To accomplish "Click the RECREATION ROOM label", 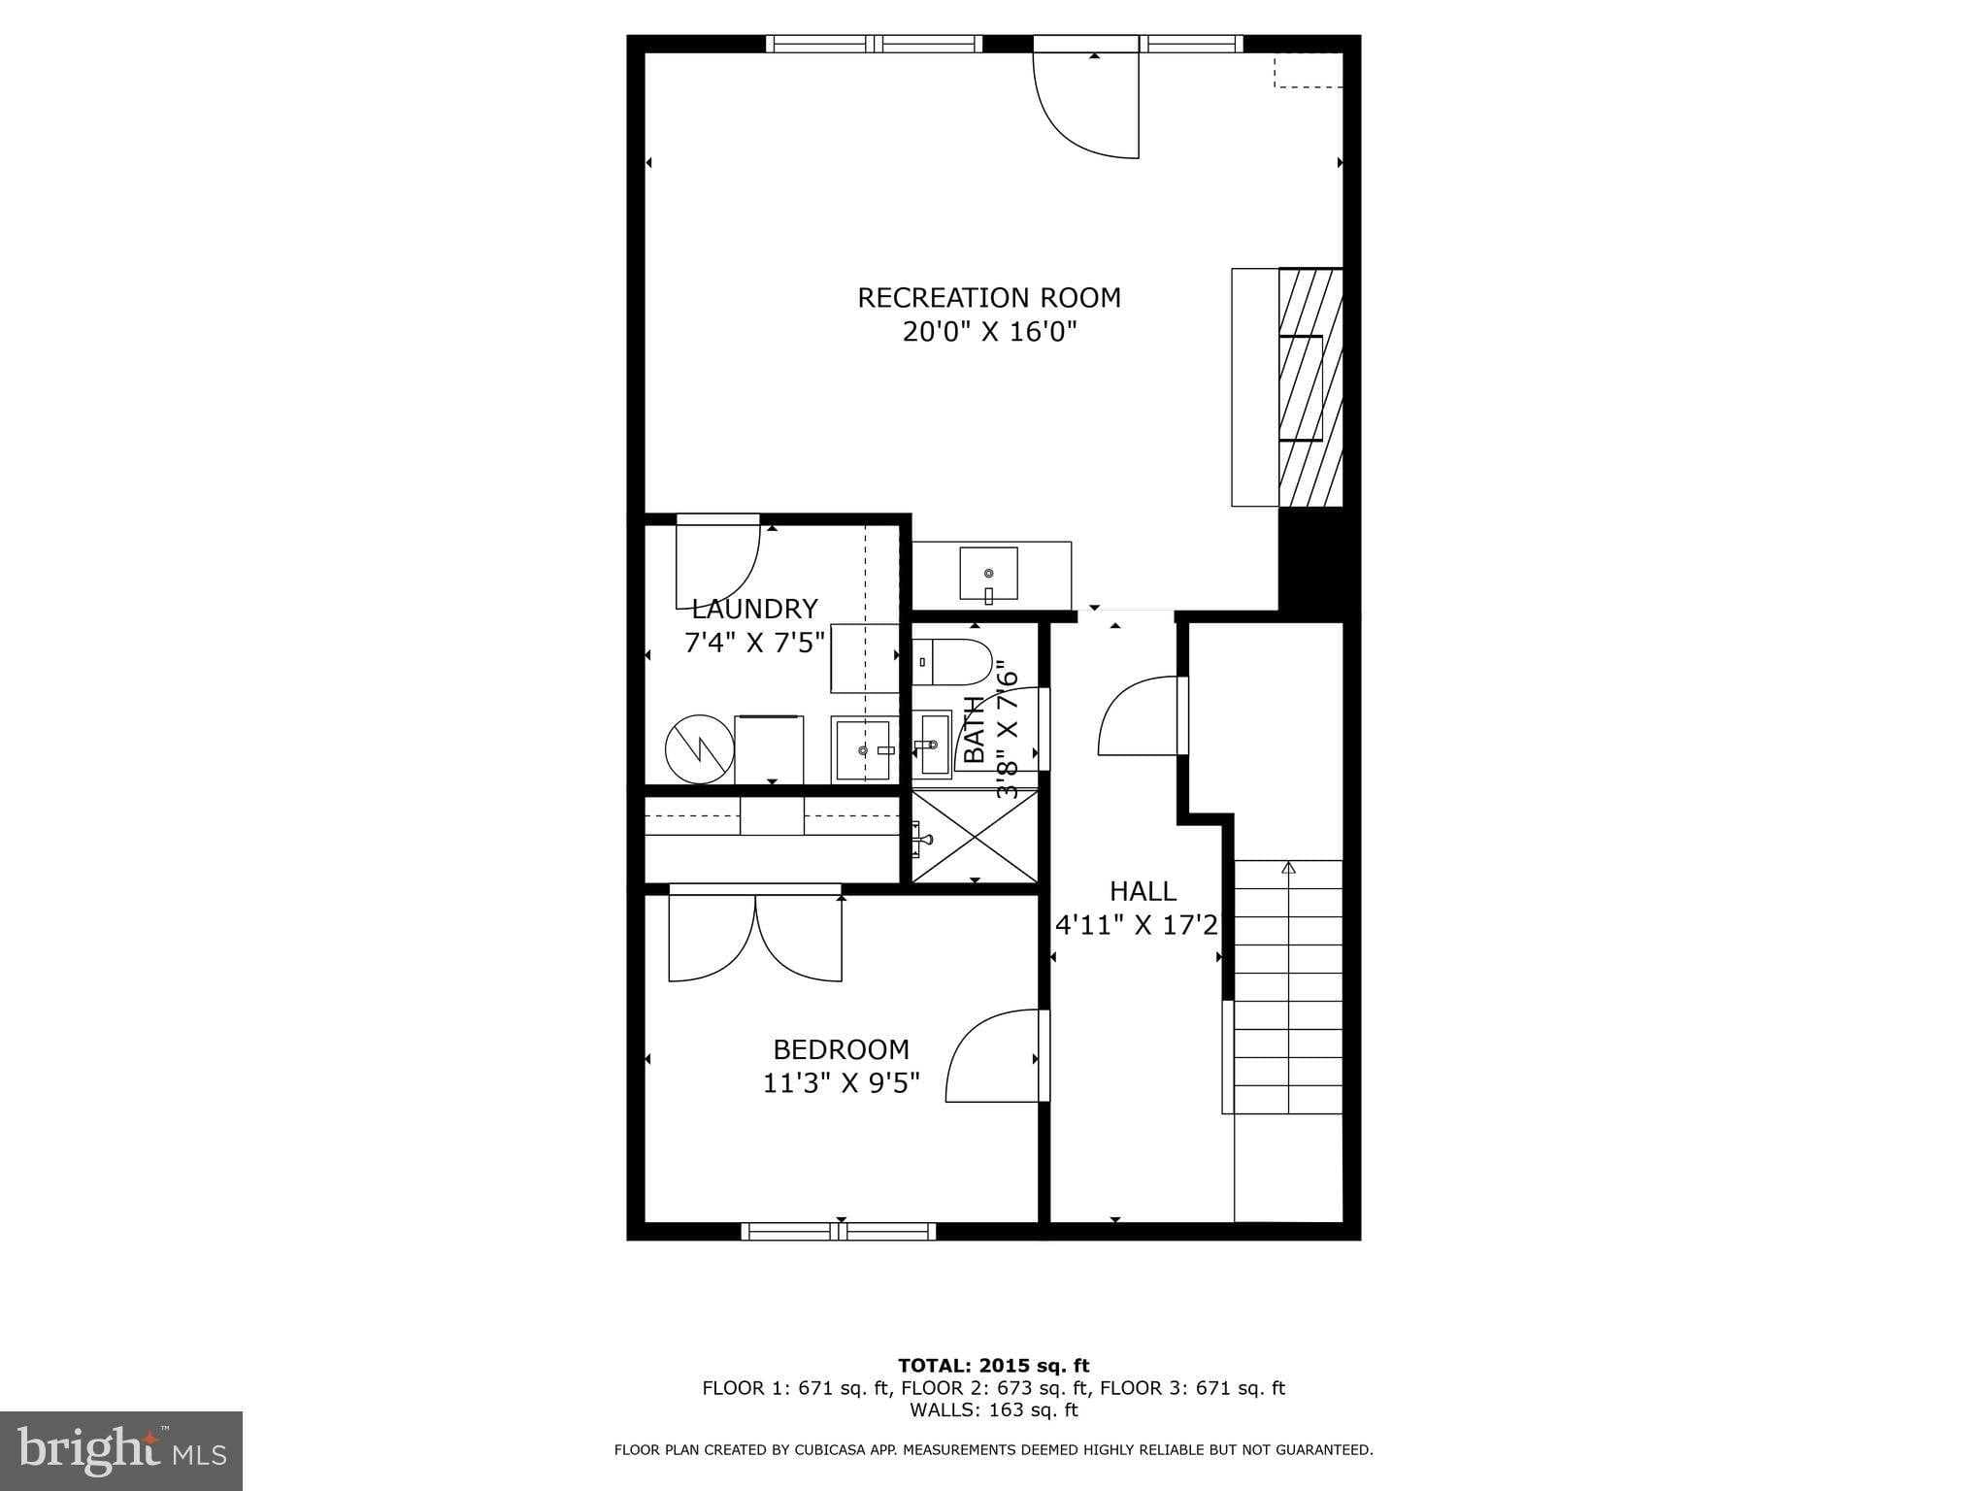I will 988,297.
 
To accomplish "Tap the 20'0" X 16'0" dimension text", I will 989,332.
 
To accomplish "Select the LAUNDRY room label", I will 754,609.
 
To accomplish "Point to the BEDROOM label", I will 841,1048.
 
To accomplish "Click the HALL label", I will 1143,890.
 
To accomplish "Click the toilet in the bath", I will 951,661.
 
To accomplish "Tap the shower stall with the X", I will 975,837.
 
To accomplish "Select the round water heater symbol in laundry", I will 699,748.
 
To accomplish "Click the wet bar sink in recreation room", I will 988,574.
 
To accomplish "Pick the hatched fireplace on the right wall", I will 1309,387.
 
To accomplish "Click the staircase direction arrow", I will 1288,867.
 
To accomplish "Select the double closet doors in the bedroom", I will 755,937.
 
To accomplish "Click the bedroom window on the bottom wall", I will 839,1231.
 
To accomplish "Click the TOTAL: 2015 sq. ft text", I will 993,1366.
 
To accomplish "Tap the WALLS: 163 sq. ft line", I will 993,1409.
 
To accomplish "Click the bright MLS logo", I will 120,1450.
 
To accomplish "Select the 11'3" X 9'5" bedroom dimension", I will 841,1082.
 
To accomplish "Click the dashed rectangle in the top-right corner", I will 1308,70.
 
